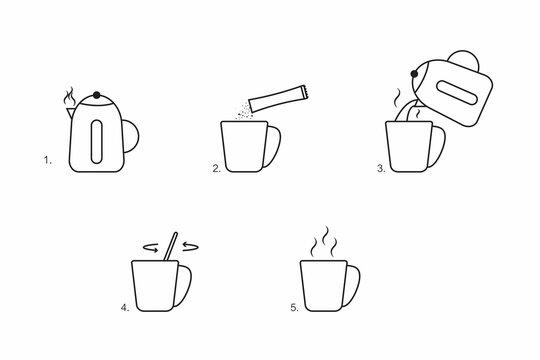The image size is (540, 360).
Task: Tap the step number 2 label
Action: coord(215,169)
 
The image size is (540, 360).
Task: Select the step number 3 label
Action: coord(380,169)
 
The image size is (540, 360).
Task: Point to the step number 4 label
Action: coord(124,309)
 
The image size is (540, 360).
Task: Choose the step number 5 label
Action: coord(293,309)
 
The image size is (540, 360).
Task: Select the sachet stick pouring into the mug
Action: coord(278,96)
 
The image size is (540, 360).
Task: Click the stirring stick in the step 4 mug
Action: coord(171,247)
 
